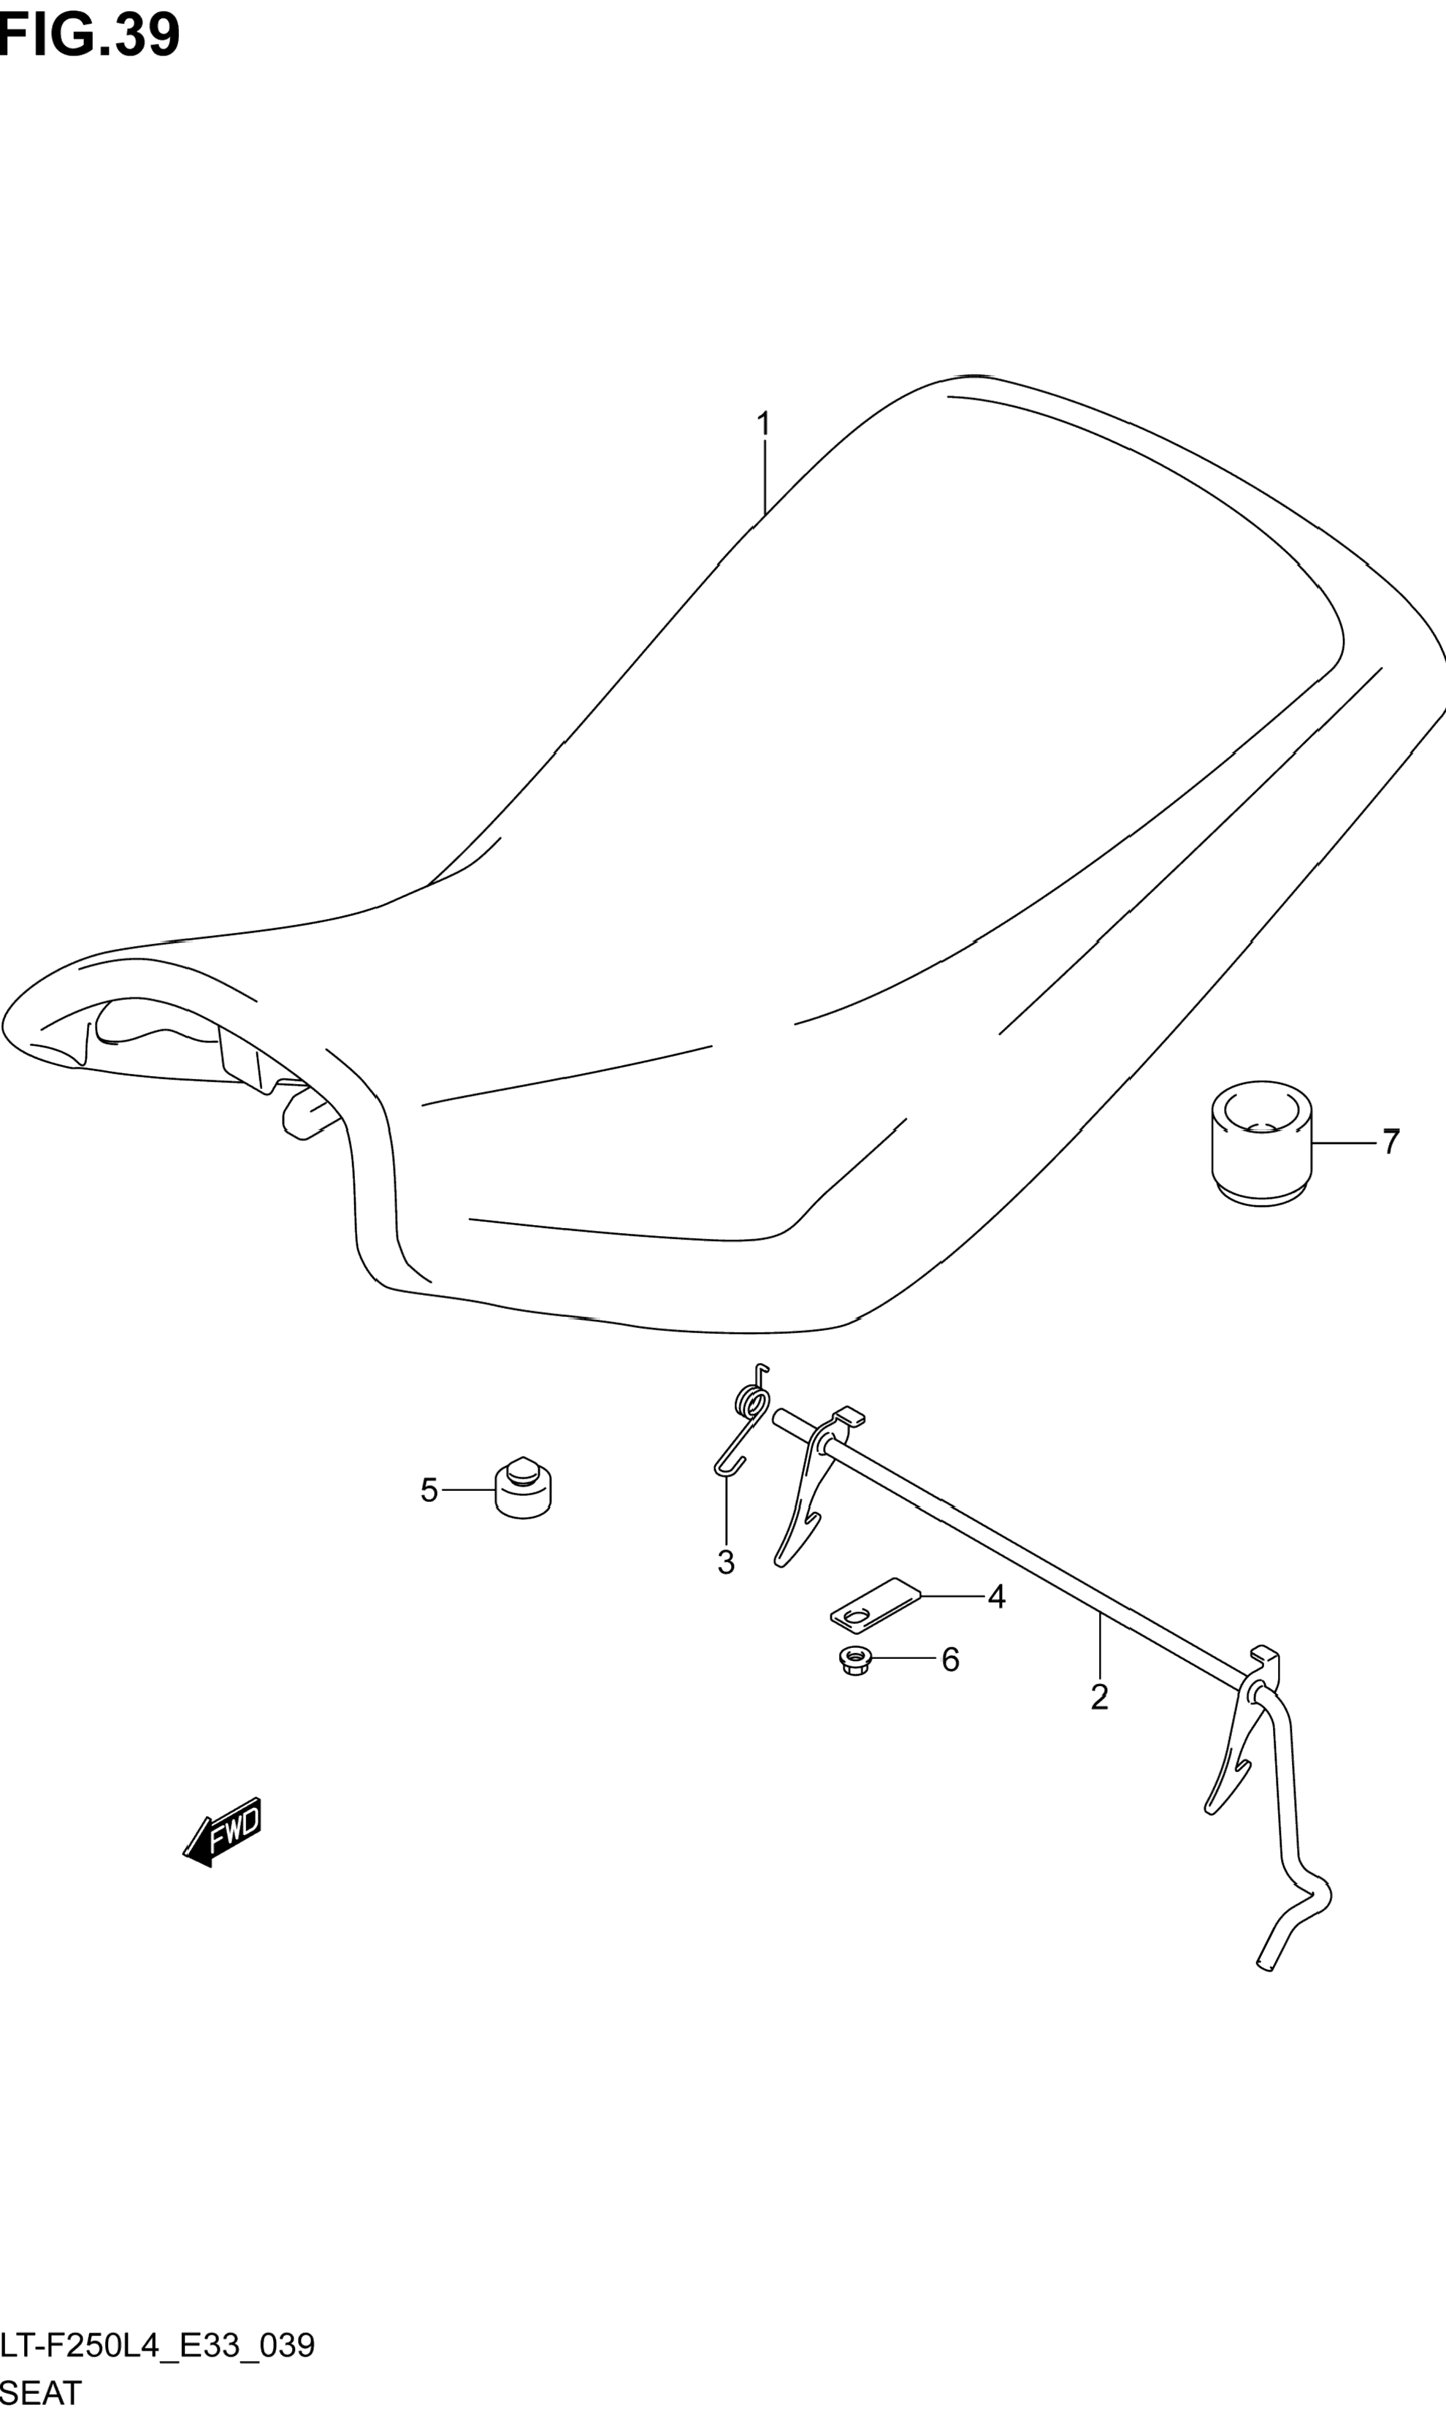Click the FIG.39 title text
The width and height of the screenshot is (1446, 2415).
90,36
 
